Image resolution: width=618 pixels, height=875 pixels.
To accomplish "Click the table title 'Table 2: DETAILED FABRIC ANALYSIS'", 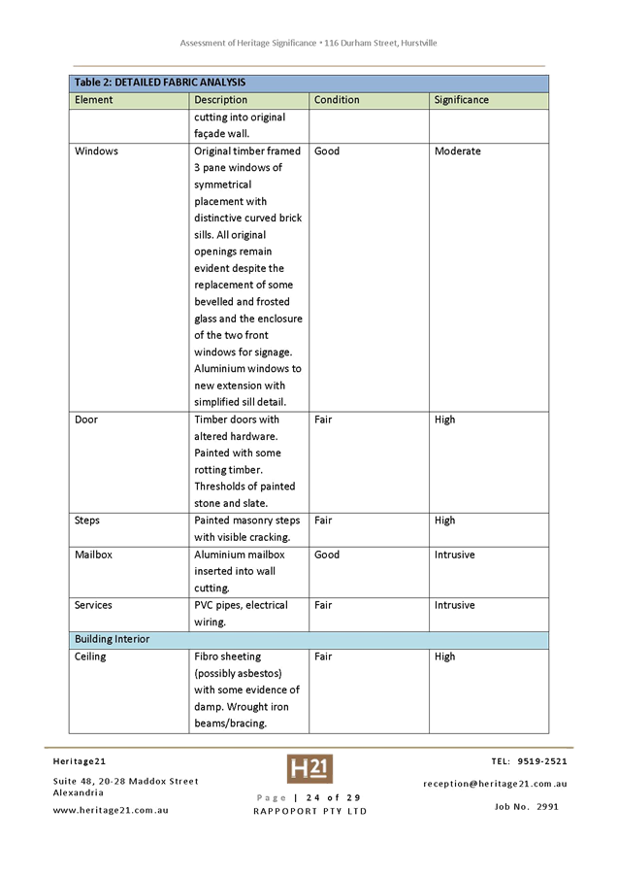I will [160, 83].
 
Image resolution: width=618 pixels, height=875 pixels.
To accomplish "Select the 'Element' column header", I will [94, 100].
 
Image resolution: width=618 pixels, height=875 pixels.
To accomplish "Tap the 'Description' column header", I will [220, 100].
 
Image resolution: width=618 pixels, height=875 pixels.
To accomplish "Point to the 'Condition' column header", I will [337, 100].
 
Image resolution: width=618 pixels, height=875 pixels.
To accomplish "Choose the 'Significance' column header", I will [461, 100].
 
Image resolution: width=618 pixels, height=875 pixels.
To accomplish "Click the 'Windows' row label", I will [96, 151].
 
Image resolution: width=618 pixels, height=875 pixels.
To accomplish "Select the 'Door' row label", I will [86, 420].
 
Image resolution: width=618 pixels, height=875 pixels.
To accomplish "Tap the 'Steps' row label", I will [88, 521].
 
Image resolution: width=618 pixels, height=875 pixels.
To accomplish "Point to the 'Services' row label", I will [94, 605].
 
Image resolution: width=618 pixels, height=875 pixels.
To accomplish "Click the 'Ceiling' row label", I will [90, 656].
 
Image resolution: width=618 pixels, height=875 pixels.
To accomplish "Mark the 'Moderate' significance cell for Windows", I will [457, 151].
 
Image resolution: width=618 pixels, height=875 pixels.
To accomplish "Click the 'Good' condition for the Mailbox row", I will [327, 555].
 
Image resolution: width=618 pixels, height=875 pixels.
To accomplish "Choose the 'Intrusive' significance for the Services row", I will [455, 605].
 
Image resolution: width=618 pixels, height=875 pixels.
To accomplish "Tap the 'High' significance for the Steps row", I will [444, 521].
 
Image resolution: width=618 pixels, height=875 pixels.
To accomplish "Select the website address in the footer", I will [110, 810].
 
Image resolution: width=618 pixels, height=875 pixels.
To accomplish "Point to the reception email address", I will [495, 784].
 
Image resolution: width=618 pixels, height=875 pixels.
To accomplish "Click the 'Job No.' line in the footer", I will [525, 806].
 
